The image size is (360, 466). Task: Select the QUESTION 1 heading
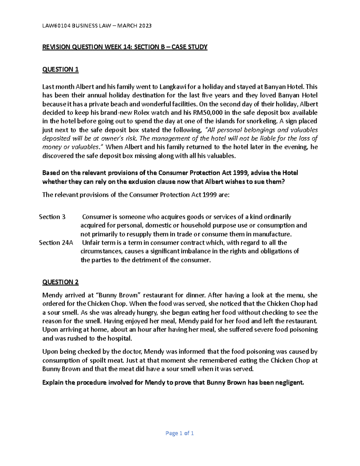pyautogui.click(x=60, y=70)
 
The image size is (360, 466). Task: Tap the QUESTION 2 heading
pyautogui.click(x=60, y=282)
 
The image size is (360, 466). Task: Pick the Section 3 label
pyautogui.click(x=52, y=217)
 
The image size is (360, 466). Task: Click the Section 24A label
pyautogui.click(x=56, y=243)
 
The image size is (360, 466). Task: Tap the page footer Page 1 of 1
pyautogui.click(x=180, y=433)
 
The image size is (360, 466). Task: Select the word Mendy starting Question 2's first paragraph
pyautogui.click(x=52, y=295)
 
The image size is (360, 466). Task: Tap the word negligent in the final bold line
pyautogui.click(x=289, y=383)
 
